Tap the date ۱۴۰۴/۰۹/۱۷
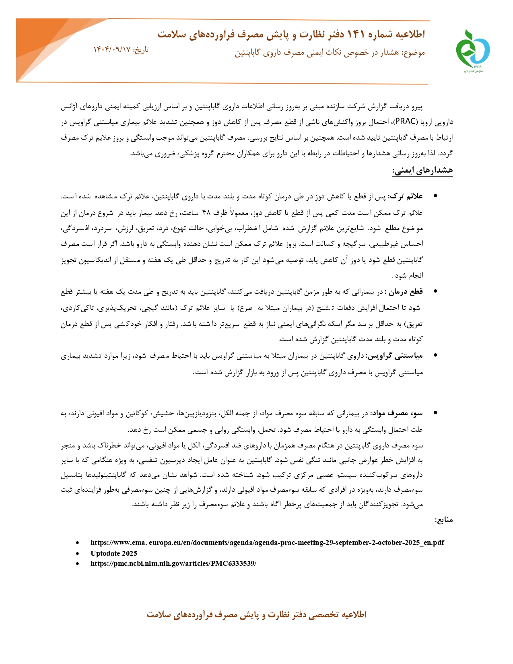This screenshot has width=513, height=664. [x=112, y=49]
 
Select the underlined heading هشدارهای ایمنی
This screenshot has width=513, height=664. [x=422, y=171]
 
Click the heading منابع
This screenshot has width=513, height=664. [x=444, y=520]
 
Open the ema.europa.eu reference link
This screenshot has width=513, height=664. [x=267, y=542]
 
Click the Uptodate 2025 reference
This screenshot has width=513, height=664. [x=114, y=553]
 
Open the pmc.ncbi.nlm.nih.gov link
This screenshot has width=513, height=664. [x=173, y=563]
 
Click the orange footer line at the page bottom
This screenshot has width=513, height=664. [x=256, y=615]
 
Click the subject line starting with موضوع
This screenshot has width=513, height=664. [x=330, y=53]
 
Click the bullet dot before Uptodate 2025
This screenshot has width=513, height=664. [x=78, y=554]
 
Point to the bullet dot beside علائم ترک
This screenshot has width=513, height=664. [x=435, y=197]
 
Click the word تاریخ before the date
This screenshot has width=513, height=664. [x=141, y=49]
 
